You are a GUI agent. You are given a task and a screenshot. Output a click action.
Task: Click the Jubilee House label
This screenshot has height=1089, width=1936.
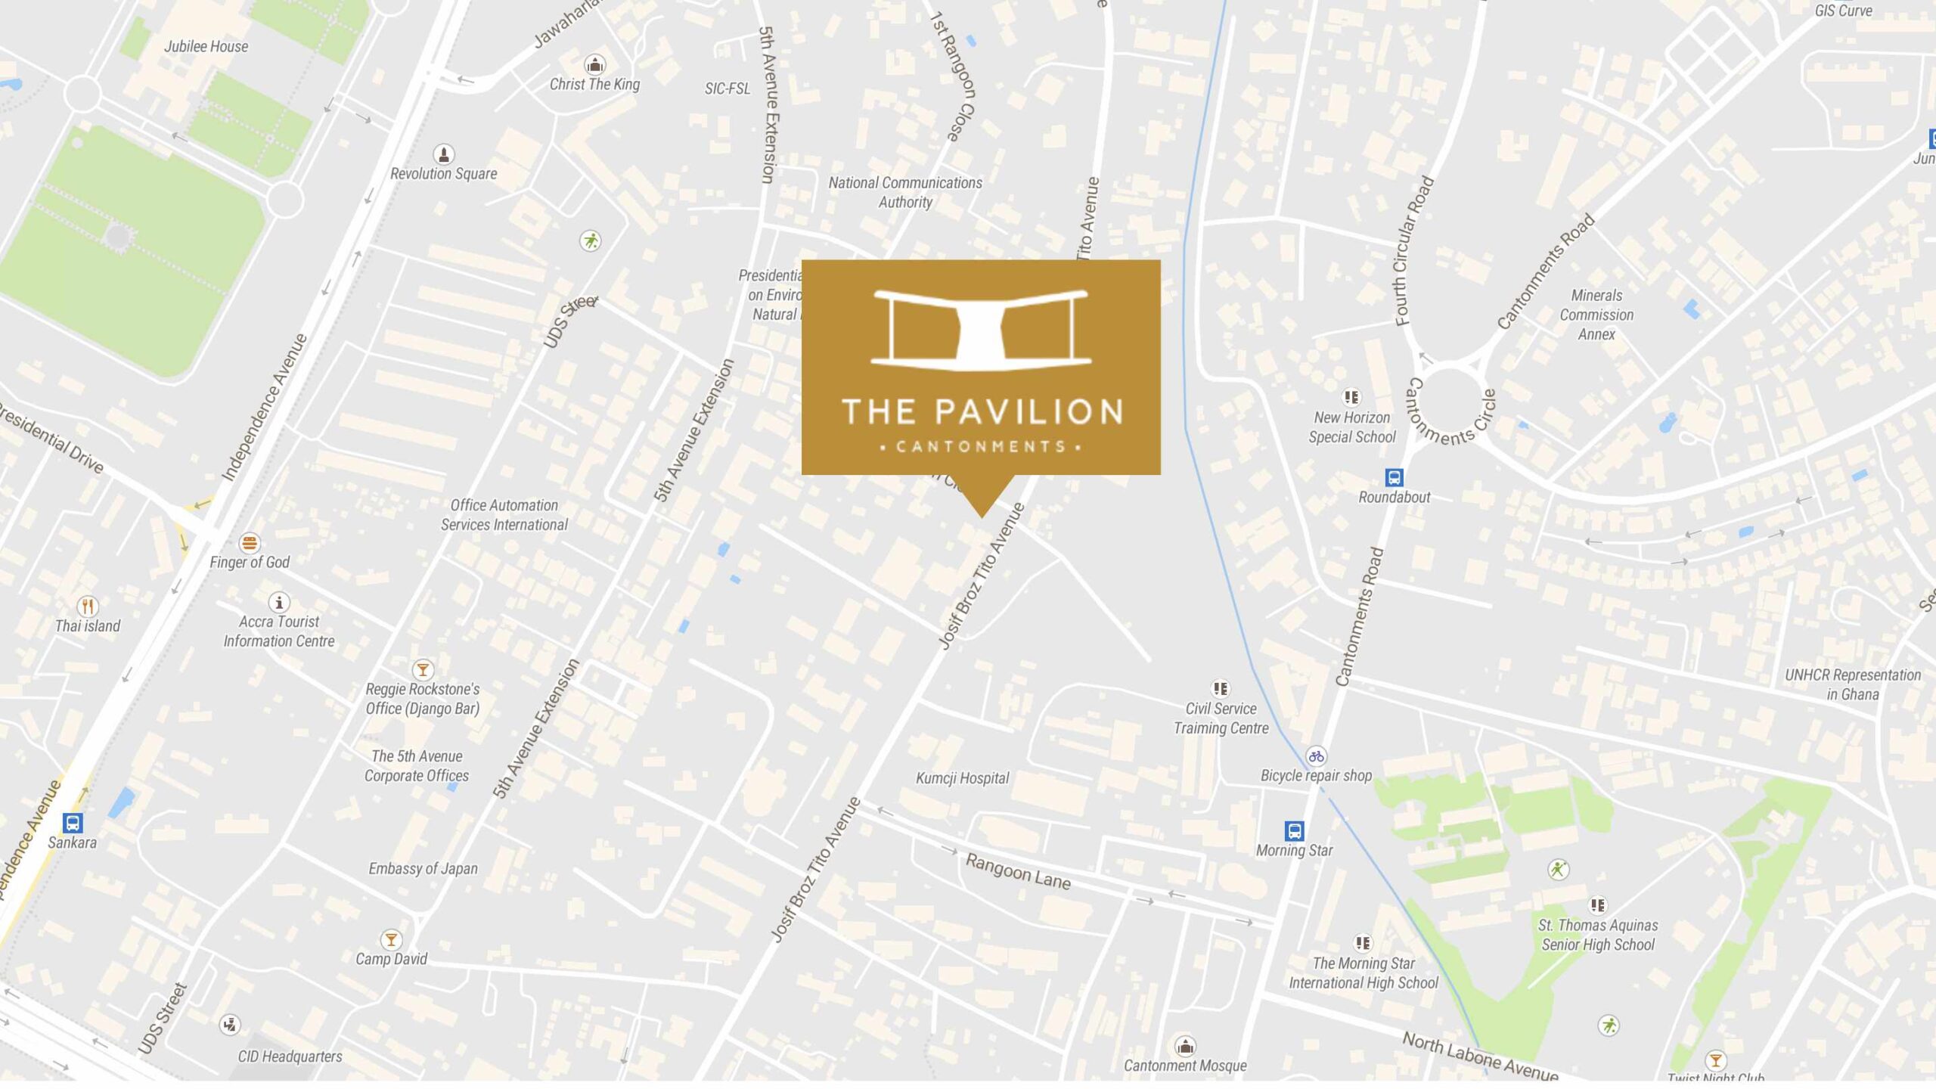pyautogui.click(x=206, y=46)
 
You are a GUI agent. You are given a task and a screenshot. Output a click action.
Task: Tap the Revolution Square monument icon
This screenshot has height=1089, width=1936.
pyautogui.click(x=443, y=154)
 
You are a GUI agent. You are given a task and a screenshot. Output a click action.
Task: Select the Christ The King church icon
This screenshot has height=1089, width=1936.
pyautogui.click(x=595, y=64)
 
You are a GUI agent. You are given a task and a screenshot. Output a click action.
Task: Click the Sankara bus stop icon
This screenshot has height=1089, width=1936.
pyautogui.click(x=73, y=822)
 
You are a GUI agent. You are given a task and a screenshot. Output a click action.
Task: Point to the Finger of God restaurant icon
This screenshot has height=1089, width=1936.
pyautogui.click(x=250, y=543)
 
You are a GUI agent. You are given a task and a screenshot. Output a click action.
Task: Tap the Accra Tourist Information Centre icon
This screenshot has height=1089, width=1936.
pyautogui.click(x=279, y=603)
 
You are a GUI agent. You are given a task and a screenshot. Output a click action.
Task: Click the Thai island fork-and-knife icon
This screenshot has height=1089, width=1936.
pyautogui.click(x=88, y=607)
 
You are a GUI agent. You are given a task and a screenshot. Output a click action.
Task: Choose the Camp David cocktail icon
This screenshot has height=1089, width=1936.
pyautogui.click(x=391, y=940)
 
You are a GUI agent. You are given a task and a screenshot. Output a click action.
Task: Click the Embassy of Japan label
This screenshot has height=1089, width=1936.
pyautogui.click(x=423, y=869)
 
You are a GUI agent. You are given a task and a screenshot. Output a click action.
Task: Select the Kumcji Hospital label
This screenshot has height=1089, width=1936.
pyautogui.click(x=962, y=778)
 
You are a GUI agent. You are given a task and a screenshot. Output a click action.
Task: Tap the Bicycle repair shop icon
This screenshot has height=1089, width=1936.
pyautogui.click(x=1317, y=755)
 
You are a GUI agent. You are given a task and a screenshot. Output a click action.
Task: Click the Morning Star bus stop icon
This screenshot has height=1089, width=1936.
pyautogui.click(x=1294, y=831)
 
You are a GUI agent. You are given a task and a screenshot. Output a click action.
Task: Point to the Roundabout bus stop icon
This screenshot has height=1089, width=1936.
pyautogui.click(x=1394, y=477)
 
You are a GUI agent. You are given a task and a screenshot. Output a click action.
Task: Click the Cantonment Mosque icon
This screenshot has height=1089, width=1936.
pyautogui.click(x=1185, y=1047)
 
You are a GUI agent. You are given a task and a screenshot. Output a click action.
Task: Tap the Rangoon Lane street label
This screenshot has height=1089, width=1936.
pyautogui.click(x=1018, y=872)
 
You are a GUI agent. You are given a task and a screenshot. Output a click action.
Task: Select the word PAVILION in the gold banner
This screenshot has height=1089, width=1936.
pyautogui.click(x=1028, y=412)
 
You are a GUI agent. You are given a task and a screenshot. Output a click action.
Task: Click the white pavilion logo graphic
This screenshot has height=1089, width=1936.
pyautogui.click(x=981, y=330)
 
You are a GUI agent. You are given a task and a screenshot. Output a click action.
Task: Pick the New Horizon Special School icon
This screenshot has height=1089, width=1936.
pyautogui.click(x=1351, y=397)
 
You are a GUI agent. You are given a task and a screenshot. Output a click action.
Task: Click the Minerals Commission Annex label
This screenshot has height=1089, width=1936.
pyautogui.click(x=1596, y=315)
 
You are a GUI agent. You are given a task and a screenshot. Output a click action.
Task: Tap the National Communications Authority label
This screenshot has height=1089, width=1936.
pyautogui.click(x=905, y=192)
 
